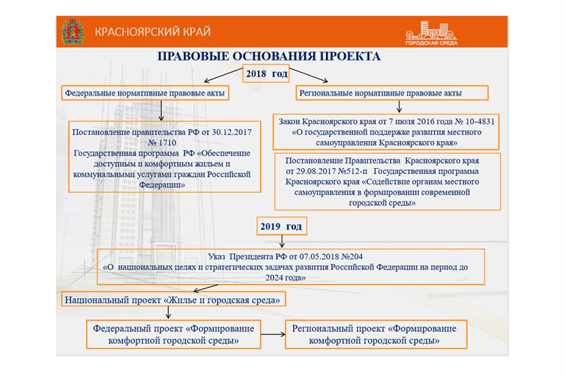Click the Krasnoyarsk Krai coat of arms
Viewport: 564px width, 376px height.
point(72,32)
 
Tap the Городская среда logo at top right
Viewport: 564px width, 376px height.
point(428,32)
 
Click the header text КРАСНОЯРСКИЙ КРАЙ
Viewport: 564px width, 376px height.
point(152,32)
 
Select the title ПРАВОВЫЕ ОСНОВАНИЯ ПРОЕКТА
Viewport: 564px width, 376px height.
point(270,57)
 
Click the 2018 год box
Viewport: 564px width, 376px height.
point(267,73)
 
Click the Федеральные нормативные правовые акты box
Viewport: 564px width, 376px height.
point(144,93)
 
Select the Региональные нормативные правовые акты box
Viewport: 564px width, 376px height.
point(392,93)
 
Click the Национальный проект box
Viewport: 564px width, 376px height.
point(172,300)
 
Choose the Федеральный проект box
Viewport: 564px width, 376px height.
point(174,334)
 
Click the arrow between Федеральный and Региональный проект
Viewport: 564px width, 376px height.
point(273,335)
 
